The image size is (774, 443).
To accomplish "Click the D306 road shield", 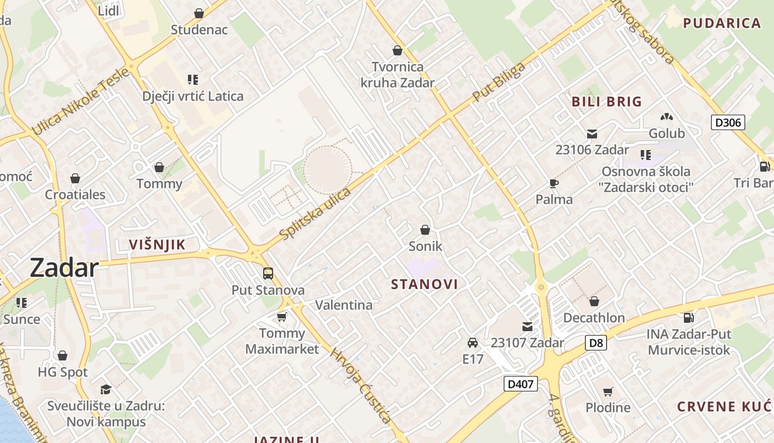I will [x=728, y=122].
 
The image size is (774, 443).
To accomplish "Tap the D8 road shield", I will [x=596, y=343].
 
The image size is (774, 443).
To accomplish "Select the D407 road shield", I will [x=521, y=383].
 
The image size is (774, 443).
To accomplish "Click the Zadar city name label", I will [x=64, y=268].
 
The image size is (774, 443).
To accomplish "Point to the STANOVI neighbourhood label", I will [x=425, y=285].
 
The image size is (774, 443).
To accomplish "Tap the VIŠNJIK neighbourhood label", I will [x=157, y=245].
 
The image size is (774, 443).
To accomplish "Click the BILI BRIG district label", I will [x=606, y=102].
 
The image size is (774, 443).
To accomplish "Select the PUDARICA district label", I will [x=722, y=23].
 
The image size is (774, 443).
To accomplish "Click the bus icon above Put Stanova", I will [x=268, y=273].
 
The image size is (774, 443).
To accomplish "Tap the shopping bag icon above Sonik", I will [x=425, y=229].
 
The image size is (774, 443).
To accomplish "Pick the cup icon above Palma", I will [x=554, y=183].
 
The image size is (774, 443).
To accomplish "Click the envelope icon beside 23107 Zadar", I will [x=527, y=327].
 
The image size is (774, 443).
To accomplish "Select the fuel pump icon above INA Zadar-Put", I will [x=689, y=318].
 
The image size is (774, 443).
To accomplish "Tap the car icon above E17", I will [x=473, y=343].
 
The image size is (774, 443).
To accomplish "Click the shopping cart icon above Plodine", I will [x=608, y=392].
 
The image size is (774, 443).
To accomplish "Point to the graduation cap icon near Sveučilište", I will [x=106, y=389].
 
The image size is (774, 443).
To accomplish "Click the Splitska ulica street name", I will [x=316, y=214].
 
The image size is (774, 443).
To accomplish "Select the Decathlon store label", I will [x=594, y=318].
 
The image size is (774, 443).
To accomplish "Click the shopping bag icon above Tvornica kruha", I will [x=397, y=51].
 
